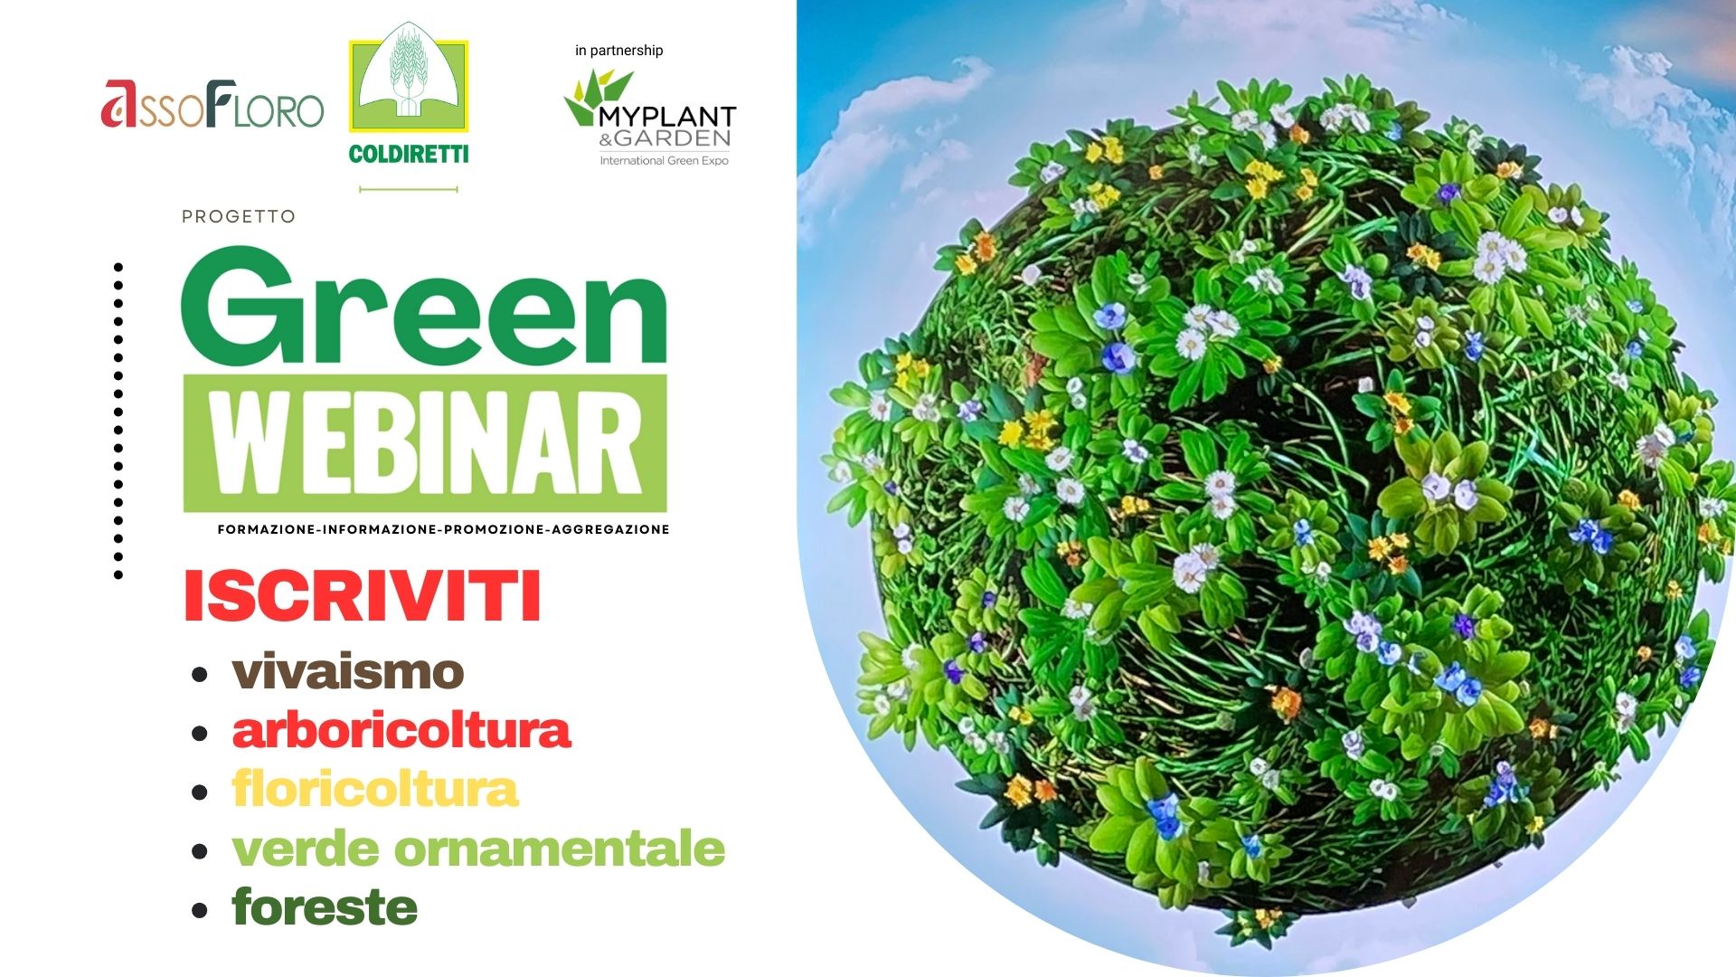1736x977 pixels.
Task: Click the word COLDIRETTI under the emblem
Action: pos(409,154)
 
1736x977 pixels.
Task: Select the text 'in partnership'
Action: pos(619,51)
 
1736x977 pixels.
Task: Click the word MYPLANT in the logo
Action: pos(667,117)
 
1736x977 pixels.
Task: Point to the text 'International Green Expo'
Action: pos(665,161)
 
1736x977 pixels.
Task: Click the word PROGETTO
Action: pos(239,217)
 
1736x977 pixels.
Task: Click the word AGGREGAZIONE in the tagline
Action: pos(610,529)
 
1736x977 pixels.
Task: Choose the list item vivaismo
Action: pos(348,672)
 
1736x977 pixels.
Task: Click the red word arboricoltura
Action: pos(401,731)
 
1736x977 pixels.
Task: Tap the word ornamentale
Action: pos(560,849)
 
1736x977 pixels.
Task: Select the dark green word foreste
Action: pos(325,907)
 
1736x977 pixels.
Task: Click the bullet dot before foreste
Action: pos(200,910)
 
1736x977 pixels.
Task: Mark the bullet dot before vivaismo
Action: pos(200,675)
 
